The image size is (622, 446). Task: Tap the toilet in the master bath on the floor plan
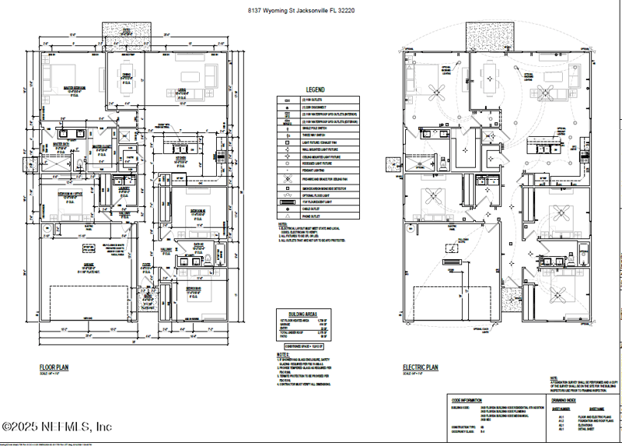pos(79,163)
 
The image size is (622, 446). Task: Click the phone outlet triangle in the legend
pos(288,217)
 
